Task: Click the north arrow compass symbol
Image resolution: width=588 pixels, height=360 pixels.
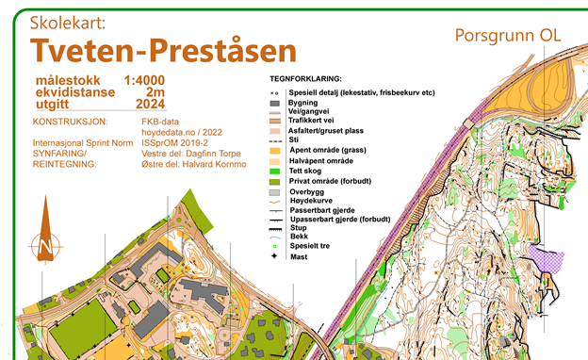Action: click(45, 247)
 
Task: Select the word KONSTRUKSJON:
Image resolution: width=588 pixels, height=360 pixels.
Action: click(71, 122)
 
